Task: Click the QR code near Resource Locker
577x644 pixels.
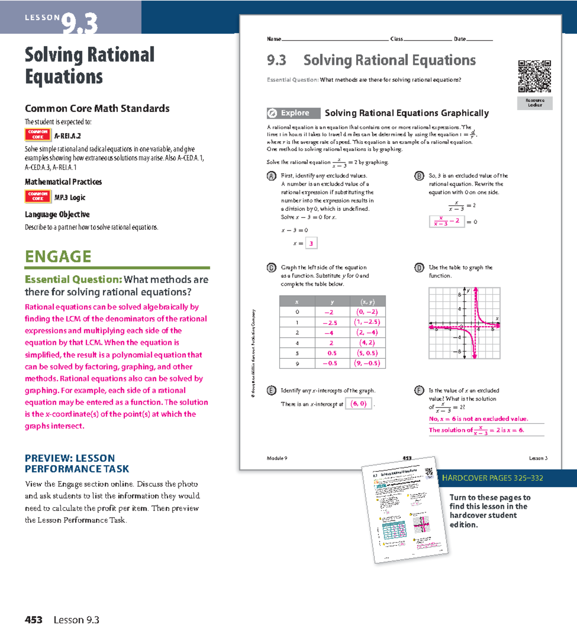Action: (x=534, y=76)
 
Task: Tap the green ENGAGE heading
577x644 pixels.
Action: (x=58, y=256)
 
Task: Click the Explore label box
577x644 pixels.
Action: (x=293, y=113)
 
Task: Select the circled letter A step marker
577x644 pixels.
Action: (x=272, y=176)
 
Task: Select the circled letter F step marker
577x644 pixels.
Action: (x=419, y=391)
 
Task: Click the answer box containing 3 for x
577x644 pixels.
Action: (x=311, y=243)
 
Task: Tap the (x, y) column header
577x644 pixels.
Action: (x=367, y=302)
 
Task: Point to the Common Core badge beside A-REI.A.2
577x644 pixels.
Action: (x=38, y=134)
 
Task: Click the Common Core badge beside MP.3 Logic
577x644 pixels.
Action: (x=38, y=196)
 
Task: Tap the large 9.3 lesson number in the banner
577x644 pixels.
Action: (x=80, y=23)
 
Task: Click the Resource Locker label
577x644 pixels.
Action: (x=535, y=103)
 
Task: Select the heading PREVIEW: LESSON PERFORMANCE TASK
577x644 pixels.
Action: (x=77, y=463)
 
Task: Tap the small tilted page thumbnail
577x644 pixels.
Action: (x=405, y=510)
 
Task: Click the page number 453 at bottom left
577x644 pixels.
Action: (x=34, y=620)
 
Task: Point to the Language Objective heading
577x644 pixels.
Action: (x=57, y=215)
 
